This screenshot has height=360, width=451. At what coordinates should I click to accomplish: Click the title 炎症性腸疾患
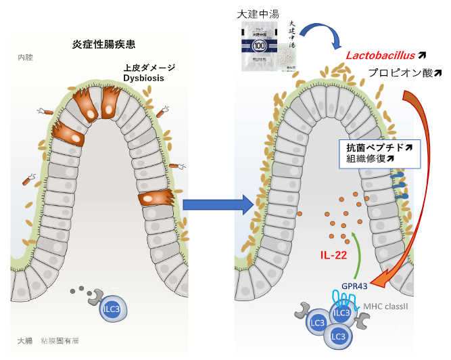point(103,45)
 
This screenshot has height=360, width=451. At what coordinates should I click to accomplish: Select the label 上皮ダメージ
point(149,68)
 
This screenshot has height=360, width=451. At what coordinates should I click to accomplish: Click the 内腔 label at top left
point(26,58)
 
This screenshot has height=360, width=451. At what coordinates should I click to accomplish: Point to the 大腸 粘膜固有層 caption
point(50,340)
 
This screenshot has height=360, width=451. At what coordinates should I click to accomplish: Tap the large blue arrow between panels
point(216,204)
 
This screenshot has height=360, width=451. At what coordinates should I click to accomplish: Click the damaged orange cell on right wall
point(156,200)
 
